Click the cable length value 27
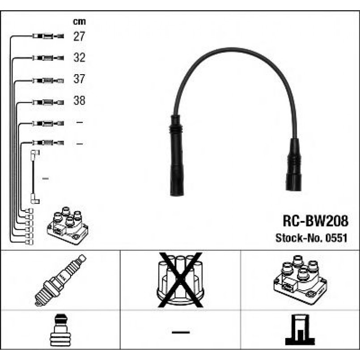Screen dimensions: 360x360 pos(79,37)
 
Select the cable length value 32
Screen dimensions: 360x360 pos(79,58)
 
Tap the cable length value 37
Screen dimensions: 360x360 pos(79,80)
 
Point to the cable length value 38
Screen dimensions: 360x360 pos(79,101)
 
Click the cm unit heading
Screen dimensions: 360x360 pos(79,21)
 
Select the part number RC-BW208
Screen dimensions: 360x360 pos(314,221)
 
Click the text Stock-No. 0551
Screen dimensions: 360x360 pos(311,238)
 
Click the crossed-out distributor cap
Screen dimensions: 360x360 pos(180,280)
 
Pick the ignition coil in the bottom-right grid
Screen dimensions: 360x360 pos(300,278)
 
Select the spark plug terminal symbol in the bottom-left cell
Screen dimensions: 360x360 pos(60,332)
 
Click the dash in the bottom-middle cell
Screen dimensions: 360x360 pos(180,332)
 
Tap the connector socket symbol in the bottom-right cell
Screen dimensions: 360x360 pos(300,331)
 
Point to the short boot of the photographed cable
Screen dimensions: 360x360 pos(294,165)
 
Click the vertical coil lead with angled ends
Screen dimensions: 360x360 pos(34,177)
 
